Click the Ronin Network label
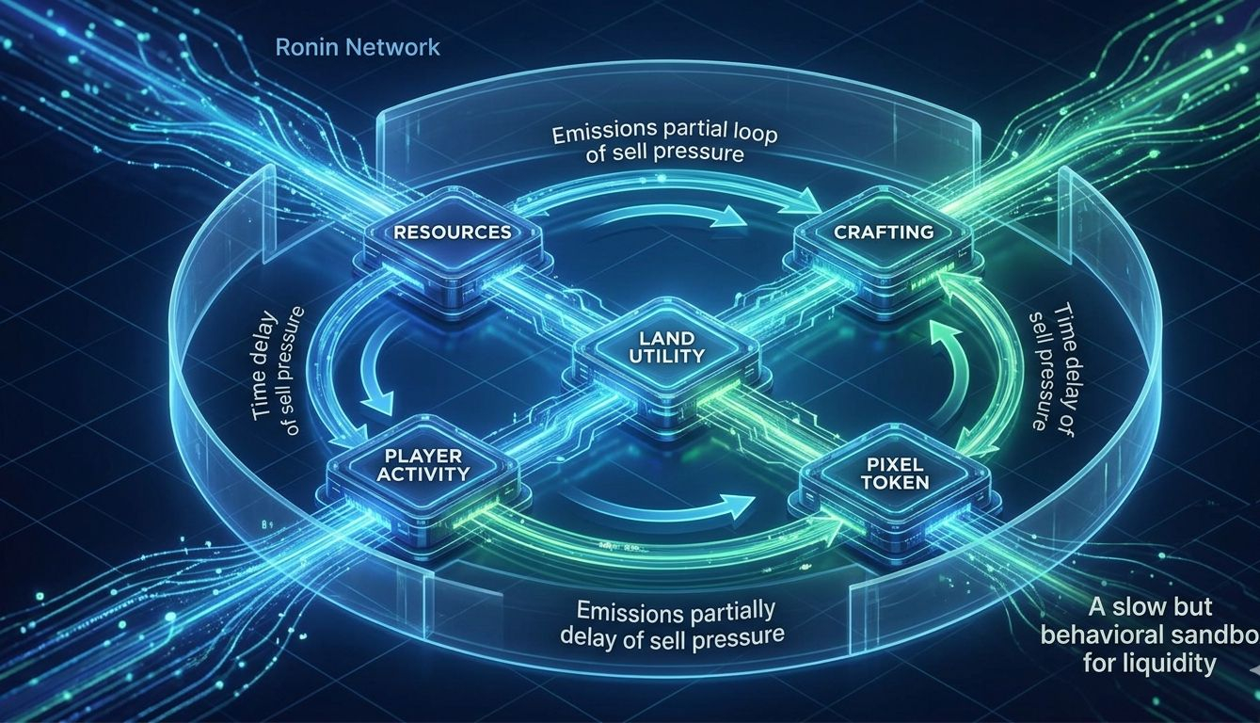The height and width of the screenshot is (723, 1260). (359, 47)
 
